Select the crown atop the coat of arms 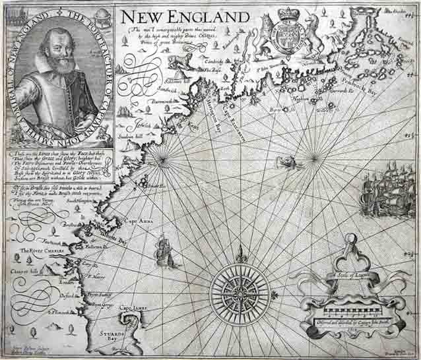287,14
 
